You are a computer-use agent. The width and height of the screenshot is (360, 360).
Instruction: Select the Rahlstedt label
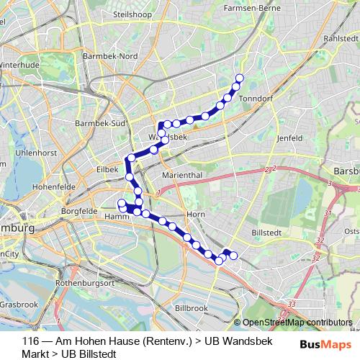pyautogui.click(x=341, y=38)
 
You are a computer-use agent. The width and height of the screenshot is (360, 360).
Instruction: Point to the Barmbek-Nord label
pyautogui.click(x=110, y=56)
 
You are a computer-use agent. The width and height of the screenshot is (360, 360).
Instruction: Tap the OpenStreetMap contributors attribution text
pyautogui.click(x=297, y=322)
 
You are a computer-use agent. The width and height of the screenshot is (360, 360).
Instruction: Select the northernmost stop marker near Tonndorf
pyautogui.click(x=240, y=78)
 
